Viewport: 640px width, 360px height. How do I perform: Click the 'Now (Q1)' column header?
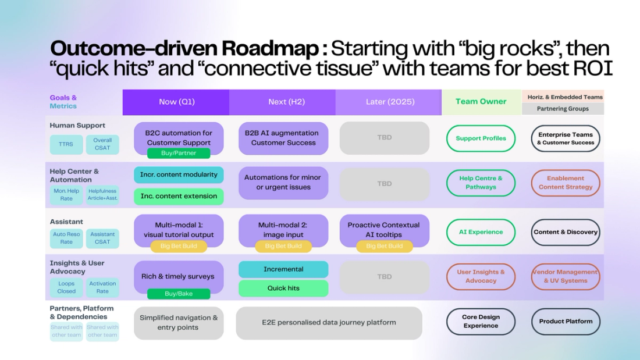[x=176, y=102]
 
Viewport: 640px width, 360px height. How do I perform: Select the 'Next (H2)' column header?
[x=282, y=102]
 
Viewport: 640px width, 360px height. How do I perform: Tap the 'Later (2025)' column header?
[x=389, y=102]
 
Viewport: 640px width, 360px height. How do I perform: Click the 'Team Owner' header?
[x=481, y=102]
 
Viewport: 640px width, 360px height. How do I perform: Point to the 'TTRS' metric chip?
[x=66, y=144]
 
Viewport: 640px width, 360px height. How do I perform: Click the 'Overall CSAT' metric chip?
[x=102, y=144]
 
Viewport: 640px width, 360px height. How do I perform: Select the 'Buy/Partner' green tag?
[x=179, y=153]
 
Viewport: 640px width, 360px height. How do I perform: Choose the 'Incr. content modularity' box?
[x=179, y=174]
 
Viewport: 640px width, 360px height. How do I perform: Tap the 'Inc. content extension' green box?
[x=179, y=197]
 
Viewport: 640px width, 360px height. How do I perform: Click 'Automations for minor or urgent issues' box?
[x=283, y=183]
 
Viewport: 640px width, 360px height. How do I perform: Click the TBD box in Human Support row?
[x=384, y=138]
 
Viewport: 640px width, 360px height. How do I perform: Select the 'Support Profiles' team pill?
[x=481, y=138]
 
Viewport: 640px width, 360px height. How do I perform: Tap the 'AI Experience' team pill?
[x=481, y=232]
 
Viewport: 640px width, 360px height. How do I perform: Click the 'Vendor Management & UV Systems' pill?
[x=566, y=276]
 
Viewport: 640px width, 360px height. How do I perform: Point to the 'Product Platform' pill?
[x=566, y=321]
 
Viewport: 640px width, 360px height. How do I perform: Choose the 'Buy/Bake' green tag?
[x=179, y=294]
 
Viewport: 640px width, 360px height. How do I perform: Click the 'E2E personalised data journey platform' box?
[x=329, y=323]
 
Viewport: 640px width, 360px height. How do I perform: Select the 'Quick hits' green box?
[x=283, y=288]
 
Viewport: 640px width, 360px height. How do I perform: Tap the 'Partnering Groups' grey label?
[x=563, y=109]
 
